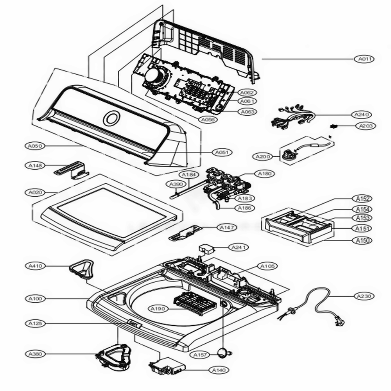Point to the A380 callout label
coord(35,354)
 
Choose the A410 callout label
coord(35,266)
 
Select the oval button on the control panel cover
coord(111,118)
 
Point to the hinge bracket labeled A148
coord(73,170)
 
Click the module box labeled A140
coord(167,366)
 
